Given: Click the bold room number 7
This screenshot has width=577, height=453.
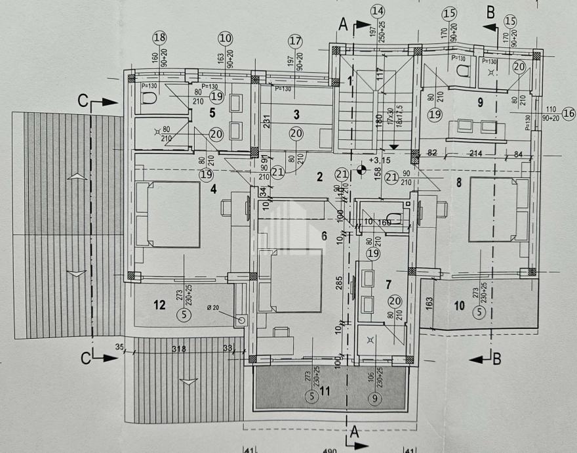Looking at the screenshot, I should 388,285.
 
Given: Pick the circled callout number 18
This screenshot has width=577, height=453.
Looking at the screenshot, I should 160,38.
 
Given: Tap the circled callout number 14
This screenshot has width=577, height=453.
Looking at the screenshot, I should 378,11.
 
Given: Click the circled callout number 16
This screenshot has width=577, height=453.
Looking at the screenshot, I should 568,114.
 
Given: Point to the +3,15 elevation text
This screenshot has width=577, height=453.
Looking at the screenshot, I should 378,160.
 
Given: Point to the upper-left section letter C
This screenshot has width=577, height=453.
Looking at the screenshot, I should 83,101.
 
